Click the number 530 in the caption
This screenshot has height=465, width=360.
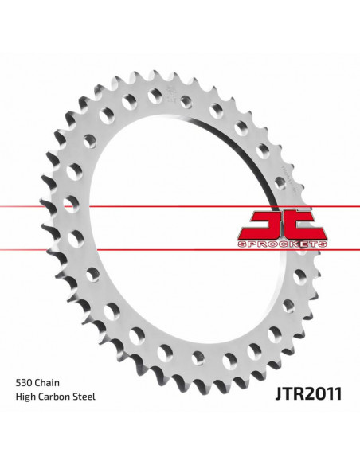[x=25, y=405]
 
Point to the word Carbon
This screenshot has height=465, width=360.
[x=57, y=419]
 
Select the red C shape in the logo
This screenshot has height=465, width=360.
[x=306, y=223]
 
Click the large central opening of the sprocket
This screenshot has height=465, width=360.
[x=167, y=231]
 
